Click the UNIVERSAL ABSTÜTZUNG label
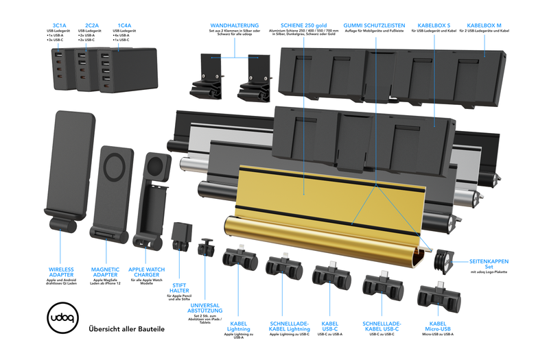[x=206, y=310]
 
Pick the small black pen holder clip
[x=182, y=237]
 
